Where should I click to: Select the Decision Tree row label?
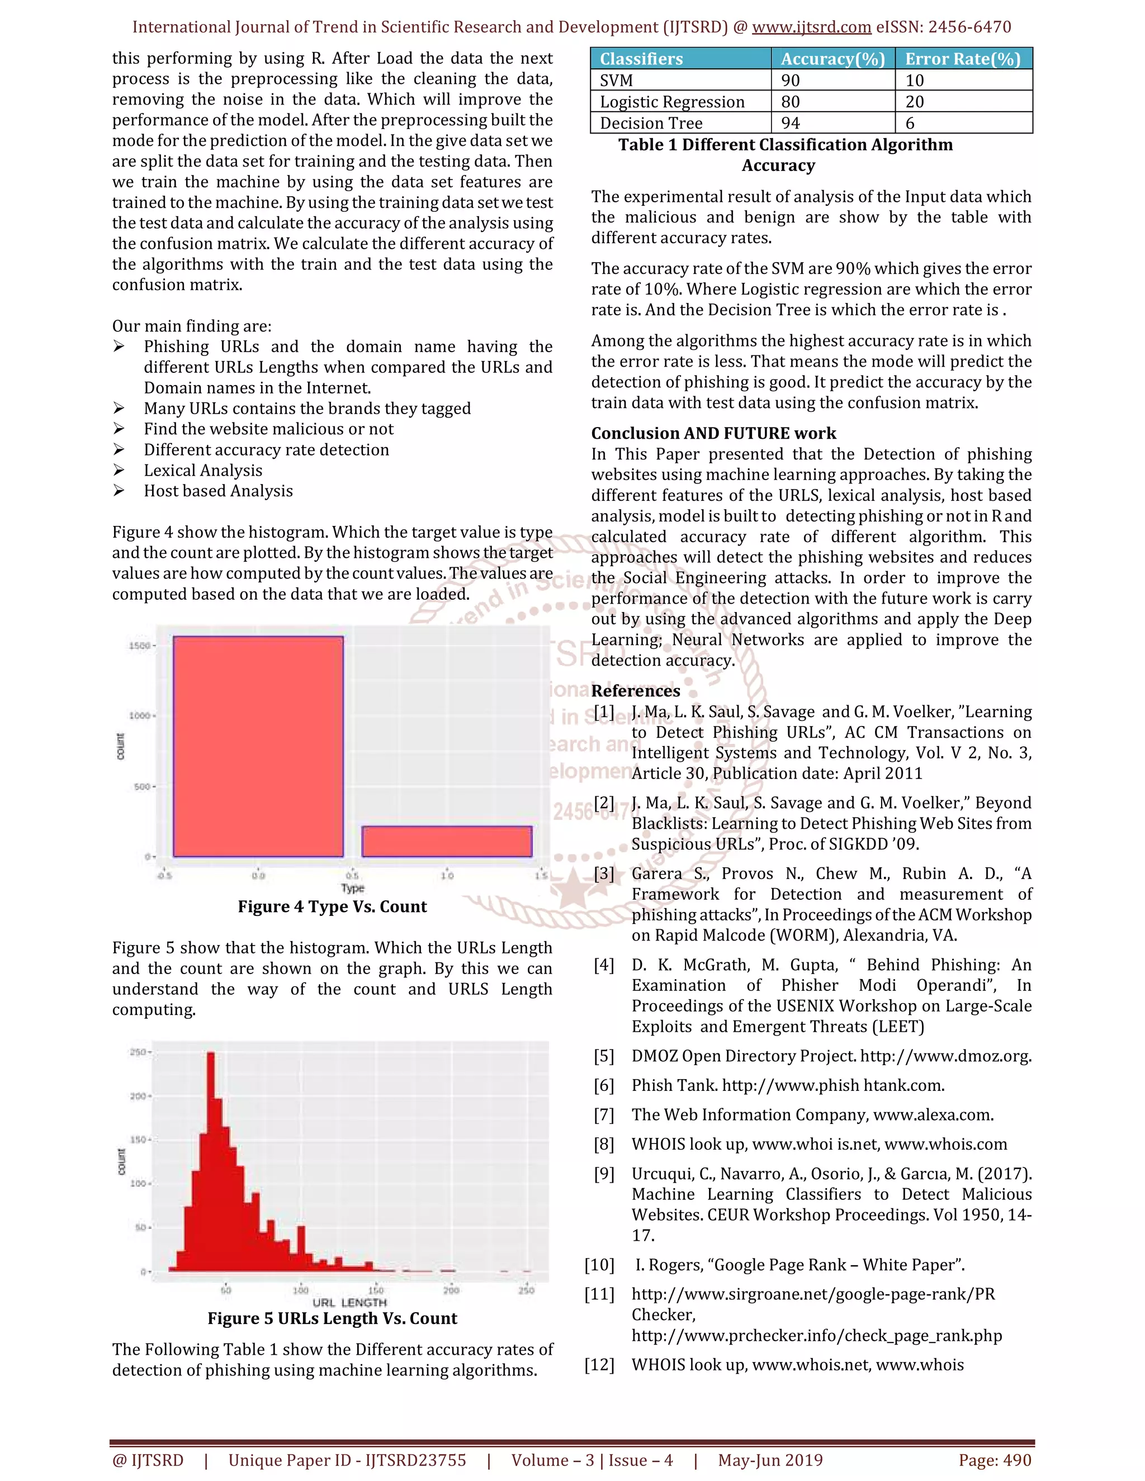[x=651, y=124]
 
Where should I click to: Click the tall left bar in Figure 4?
[x=258, y=746]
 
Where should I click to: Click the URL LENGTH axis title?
[x=349, y=1303]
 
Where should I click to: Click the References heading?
[x=635, y=691]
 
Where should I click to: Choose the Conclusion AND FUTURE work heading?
[x=713, y=433]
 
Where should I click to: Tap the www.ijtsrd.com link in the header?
[x=811, y=27]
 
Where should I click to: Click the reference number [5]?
[x=603, y=1056]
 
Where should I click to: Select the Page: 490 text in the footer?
[x=995, y=1460]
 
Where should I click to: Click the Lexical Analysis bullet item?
[x=202, y=471]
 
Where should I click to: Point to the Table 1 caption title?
[x=785, y=155]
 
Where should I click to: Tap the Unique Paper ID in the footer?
[x=347, y=1460]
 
